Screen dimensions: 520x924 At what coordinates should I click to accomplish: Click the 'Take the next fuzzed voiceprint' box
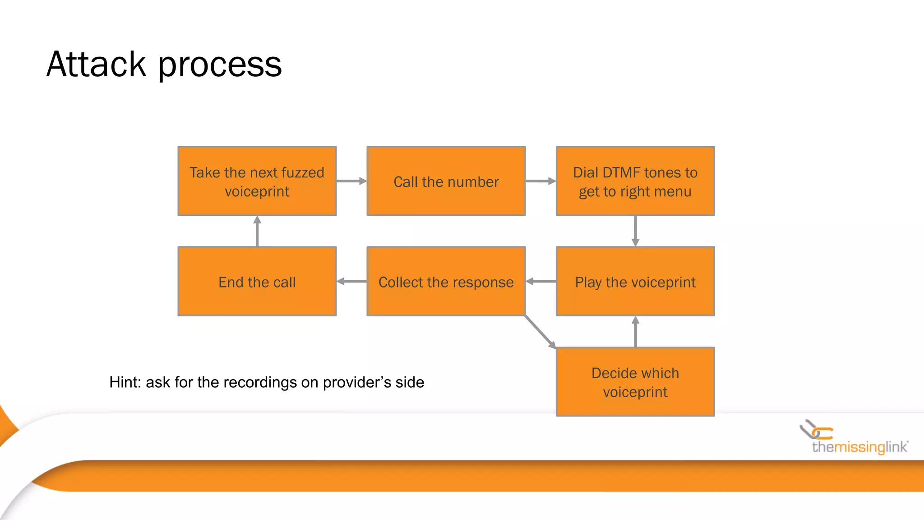coord(257,181)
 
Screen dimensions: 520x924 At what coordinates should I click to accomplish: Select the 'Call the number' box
coord(446,181)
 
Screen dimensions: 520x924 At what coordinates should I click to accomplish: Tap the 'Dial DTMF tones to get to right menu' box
coord(635,181)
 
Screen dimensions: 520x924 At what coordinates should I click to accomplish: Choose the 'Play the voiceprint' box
coord(635,281)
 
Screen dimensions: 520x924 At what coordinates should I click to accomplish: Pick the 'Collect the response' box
coord(446,281)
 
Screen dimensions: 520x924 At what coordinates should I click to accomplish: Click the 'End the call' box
coord(257,281)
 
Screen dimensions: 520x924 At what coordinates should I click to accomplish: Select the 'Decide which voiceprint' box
coord(635,381)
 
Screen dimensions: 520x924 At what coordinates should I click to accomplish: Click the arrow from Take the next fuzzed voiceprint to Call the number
coord(351,181)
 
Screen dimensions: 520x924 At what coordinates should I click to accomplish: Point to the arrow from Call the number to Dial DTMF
coord(541,181)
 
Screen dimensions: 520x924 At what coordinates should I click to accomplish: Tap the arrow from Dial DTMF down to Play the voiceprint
coord(635,231)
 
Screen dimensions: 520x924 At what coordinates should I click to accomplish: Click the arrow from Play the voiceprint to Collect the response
coord(541,281)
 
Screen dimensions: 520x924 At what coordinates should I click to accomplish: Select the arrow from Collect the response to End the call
coord(351,281)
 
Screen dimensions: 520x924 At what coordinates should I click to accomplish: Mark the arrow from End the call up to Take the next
coord(257,231)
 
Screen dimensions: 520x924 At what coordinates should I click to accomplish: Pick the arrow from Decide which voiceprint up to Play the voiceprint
coord(635,331)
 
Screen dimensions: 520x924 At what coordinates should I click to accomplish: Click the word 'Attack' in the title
coord(96,65)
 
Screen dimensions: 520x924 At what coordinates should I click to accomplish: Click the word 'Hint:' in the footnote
coord(125,382)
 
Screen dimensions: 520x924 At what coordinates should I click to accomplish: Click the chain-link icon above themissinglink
coord(816,430)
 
